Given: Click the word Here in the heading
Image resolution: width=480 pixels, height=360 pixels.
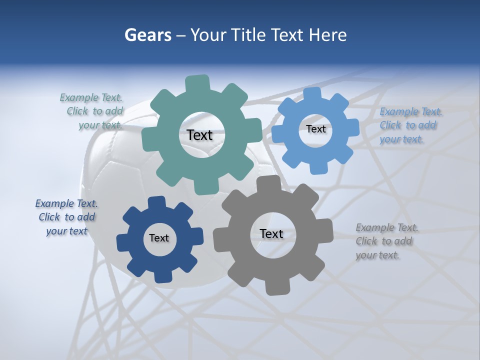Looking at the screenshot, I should click(328, 35).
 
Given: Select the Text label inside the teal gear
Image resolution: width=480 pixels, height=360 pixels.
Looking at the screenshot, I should click(199, 135).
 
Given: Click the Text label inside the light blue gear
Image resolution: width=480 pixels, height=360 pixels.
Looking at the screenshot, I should click(315, 129).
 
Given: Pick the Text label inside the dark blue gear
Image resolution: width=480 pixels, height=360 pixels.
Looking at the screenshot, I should click(159, 238).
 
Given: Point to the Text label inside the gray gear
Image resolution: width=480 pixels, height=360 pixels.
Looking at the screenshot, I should click(271, 234).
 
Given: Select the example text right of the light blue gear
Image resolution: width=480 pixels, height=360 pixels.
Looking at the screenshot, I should click(410, 125).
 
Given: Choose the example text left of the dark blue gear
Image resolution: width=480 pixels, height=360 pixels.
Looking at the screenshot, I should click(66, 217).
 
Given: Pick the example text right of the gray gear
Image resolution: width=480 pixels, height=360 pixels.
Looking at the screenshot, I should click(386, 241).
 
